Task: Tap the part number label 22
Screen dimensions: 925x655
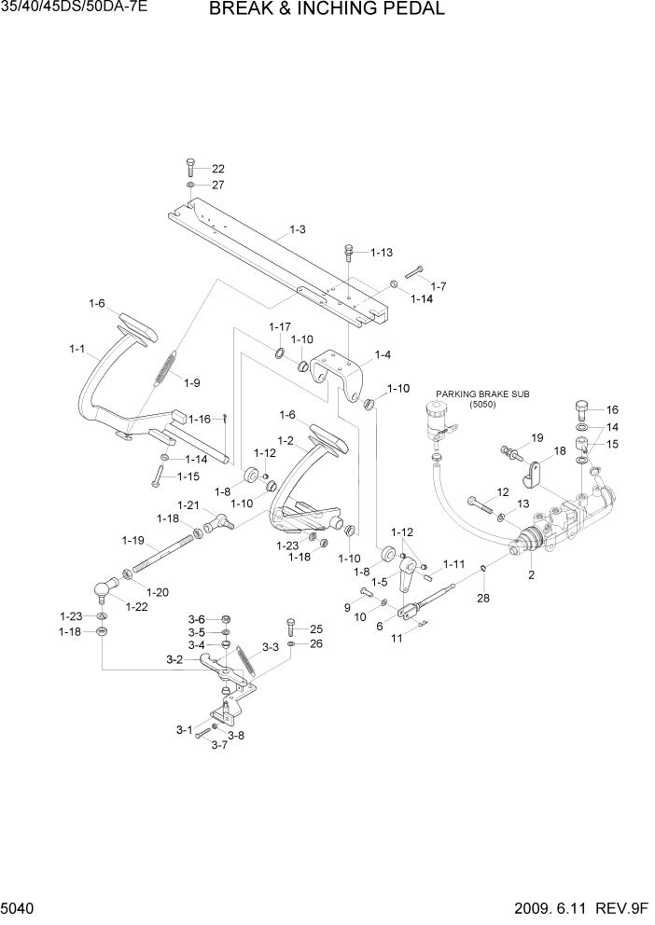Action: (218, 169)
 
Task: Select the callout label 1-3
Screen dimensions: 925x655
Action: (298, 229)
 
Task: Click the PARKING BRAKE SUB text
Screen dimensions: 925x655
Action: (482, 394)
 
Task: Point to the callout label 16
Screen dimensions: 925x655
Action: (612, 409)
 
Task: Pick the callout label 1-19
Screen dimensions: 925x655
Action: (132, 540)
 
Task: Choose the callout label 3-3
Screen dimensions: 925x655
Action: (270, 646)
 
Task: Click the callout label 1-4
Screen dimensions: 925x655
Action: (383, 354)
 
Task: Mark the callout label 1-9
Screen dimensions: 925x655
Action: (192, 382)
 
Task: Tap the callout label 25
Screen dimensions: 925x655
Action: (315, 628)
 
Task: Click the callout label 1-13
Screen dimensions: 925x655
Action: (382, 253)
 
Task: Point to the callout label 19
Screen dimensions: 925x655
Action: (537, 437)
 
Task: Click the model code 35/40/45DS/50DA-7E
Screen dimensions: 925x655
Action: (75, 10)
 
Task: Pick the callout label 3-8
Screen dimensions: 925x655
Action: (240, 736)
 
